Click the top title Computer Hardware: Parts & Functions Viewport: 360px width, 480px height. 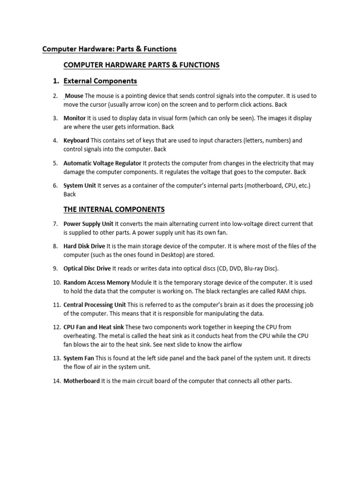109,49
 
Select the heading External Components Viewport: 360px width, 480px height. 100,81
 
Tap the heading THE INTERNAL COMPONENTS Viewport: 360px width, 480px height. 114,209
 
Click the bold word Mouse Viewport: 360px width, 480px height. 75,96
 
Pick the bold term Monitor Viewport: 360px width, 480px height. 75,118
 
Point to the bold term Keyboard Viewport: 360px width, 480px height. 76,140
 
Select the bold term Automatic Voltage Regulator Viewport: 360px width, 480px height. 102,164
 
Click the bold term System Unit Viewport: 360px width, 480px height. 80,186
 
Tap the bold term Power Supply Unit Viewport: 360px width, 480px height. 88,224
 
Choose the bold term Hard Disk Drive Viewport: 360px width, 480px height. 84,246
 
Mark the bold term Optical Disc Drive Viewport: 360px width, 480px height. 87,269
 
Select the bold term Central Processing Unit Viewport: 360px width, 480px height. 95,305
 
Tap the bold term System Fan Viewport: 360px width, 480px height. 79,358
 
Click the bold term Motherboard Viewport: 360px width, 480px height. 82,381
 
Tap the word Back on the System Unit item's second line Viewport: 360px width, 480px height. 69,194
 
